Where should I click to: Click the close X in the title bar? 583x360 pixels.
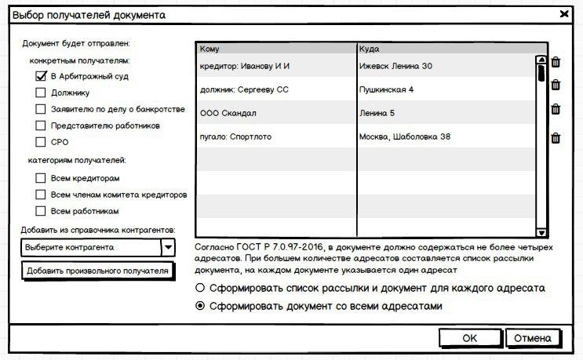[564, 14]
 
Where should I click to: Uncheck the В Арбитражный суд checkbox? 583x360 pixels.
[42, 77]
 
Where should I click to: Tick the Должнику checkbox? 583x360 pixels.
[42, 93]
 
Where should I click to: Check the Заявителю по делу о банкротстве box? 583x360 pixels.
[42, 109]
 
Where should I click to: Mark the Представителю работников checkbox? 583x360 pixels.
[42, 125]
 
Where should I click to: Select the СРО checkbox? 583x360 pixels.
[42, 142]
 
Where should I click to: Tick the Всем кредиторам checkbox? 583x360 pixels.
[42, 178]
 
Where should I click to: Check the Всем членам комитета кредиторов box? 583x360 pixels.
[42, 195]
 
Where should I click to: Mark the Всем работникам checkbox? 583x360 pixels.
[42, 211]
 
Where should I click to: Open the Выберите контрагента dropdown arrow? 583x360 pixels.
[168, 247]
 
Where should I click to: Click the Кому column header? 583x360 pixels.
[275, 48]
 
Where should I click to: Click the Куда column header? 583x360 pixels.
[445, 48]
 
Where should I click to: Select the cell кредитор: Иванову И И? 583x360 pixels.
[275, 66]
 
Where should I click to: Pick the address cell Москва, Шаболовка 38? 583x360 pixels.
[445, 137]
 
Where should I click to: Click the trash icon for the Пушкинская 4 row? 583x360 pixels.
[556, 85]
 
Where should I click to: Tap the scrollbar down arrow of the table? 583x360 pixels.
[541, 232]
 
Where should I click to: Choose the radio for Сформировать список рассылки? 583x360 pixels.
[201, 288]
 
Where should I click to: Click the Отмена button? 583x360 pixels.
[533, 338]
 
